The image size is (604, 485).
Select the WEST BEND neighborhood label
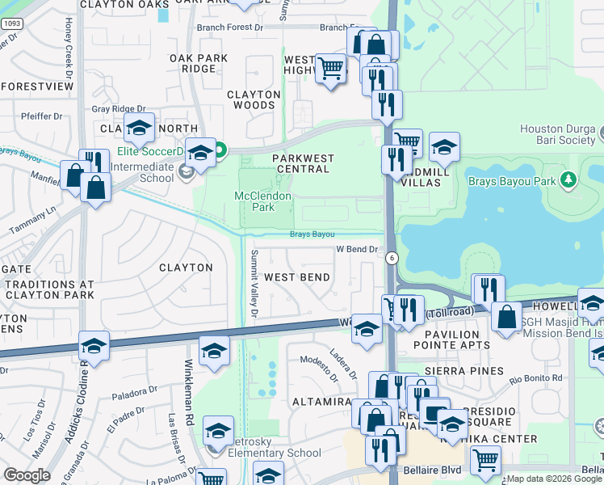pyautogui.click(x=297, y=277)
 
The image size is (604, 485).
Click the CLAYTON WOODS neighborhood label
pyautogui.click(x=254, y=99)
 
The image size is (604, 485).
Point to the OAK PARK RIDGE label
pyautogui.click(x=199, y=63)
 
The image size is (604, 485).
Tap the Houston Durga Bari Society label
pyautogui.click(x=557, y=134)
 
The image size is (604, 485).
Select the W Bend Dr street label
pyautogui.click(x=357, y=249)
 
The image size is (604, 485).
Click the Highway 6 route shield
pyautogui.click(x=392, y=258)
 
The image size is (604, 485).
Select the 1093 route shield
pyautogui.click(x=11, y=24)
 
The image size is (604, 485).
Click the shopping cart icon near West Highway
pyautogui.click(x=330, y=68)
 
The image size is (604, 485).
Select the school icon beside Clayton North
pyautogui.click(x=139, y=127)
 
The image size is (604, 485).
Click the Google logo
pyautogui.click(x=27, y=475)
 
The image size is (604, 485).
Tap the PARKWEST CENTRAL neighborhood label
pyautogui.click(x=301, y=163)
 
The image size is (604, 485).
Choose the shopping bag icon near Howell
pyautogui.click(x=507, y=317)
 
